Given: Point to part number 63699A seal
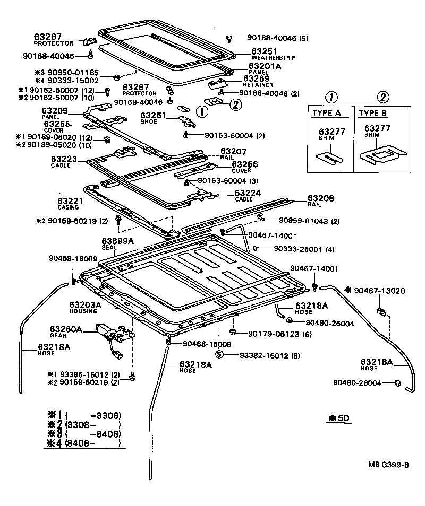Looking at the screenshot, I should coord(117,241).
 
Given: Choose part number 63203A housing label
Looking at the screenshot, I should coord(85,305).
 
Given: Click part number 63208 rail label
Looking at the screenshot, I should coord(320,198).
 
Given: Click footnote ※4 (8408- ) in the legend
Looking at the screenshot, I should coord(85,443).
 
